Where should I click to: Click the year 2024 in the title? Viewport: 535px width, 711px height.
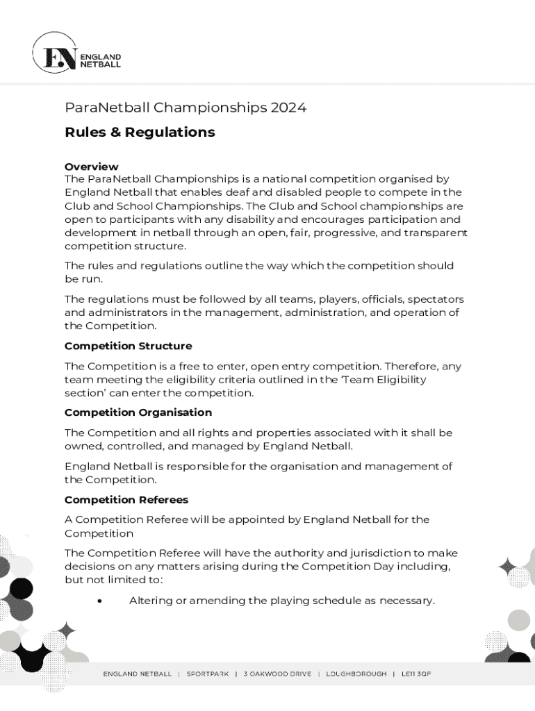coord(288,108)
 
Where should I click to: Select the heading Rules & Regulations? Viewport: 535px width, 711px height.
coord(140,132)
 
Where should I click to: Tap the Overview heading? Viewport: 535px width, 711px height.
coord(91,167)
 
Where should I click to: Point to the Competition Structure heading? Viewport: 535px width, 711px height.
coord(128,346)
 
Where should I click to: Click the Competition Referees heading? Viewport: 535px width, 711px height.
coord(126,500)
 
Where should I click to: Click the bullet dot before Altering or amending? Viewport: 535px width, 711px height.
coord(101,601)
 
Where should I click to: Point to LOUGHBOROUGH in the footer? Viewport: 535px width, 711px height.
coord(356,674)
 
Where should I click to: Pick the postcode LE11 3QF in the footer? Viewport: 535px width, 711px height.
coord(414,674)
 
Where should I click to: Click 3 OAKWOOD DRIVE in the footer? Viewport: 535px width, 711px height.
coord(277,674)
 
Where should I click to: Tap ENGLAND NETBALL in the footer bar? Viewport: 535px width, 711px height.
coord(138,674)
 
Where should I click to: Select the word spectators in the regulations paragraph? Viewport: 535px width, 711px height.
coord(436,299)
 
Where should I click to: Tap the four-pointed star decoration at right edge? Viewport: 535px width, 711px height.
coord(508,567)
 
